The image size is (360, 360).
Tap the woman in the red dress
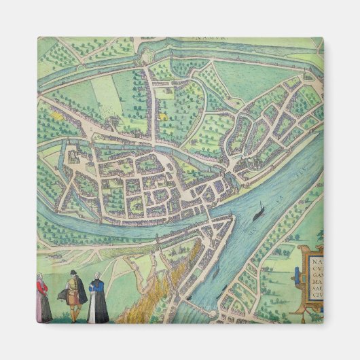[43, 298]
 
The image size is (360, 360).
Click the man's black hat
[73, 272]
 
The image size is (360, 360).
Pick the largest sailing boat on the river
[259, 215]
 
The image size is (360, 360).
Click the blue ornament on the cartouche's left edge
[297, 276]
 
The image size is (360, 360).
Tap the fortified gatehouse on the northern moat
[145, 60]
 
